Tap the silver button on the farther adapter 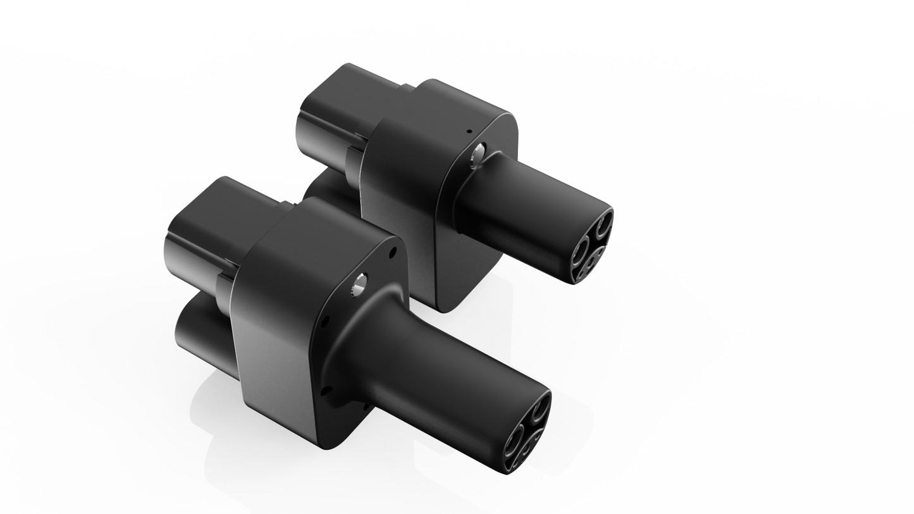[478, 154]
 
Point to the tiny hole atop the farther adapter [469, 132]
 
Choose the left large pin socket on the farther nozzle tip [579, 252]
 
